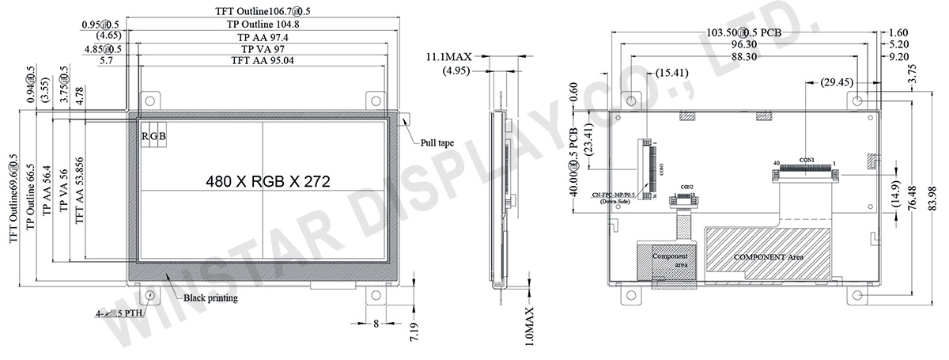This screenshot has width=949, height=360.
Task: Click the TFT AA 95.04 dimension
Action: [262, 60]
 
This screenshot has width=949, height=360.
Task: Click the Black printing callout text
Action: [210, 298]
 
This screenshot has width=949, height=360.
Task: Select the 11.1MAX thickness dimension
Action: [448, 57]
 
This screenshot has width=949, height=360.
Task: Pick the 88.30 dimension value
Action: [743, 57]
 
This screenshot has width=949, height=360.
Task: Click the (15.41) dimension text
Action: [671, 73]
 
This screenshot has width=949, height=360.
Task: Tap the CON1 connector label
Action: [807, 160]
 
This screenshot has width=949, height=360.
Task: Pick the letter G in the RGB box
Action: [154, 137]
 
